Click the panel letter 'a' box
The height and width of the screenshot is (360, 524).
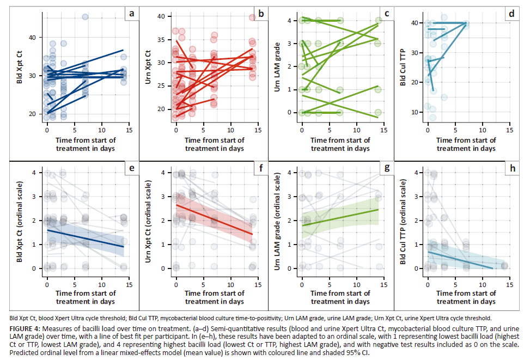(131, 12)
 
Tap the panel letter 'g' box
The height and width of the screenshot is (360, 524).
(387, 168)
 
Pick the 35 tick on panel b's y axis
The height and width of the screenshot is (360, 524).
(161, 40)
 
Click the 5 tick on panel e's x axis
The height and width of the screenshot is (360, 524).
(75, 285)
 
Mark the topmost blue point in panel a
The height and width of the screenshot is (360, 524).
(85, 17)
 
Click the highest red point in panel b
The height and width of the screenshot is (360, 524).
(253, 17)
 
